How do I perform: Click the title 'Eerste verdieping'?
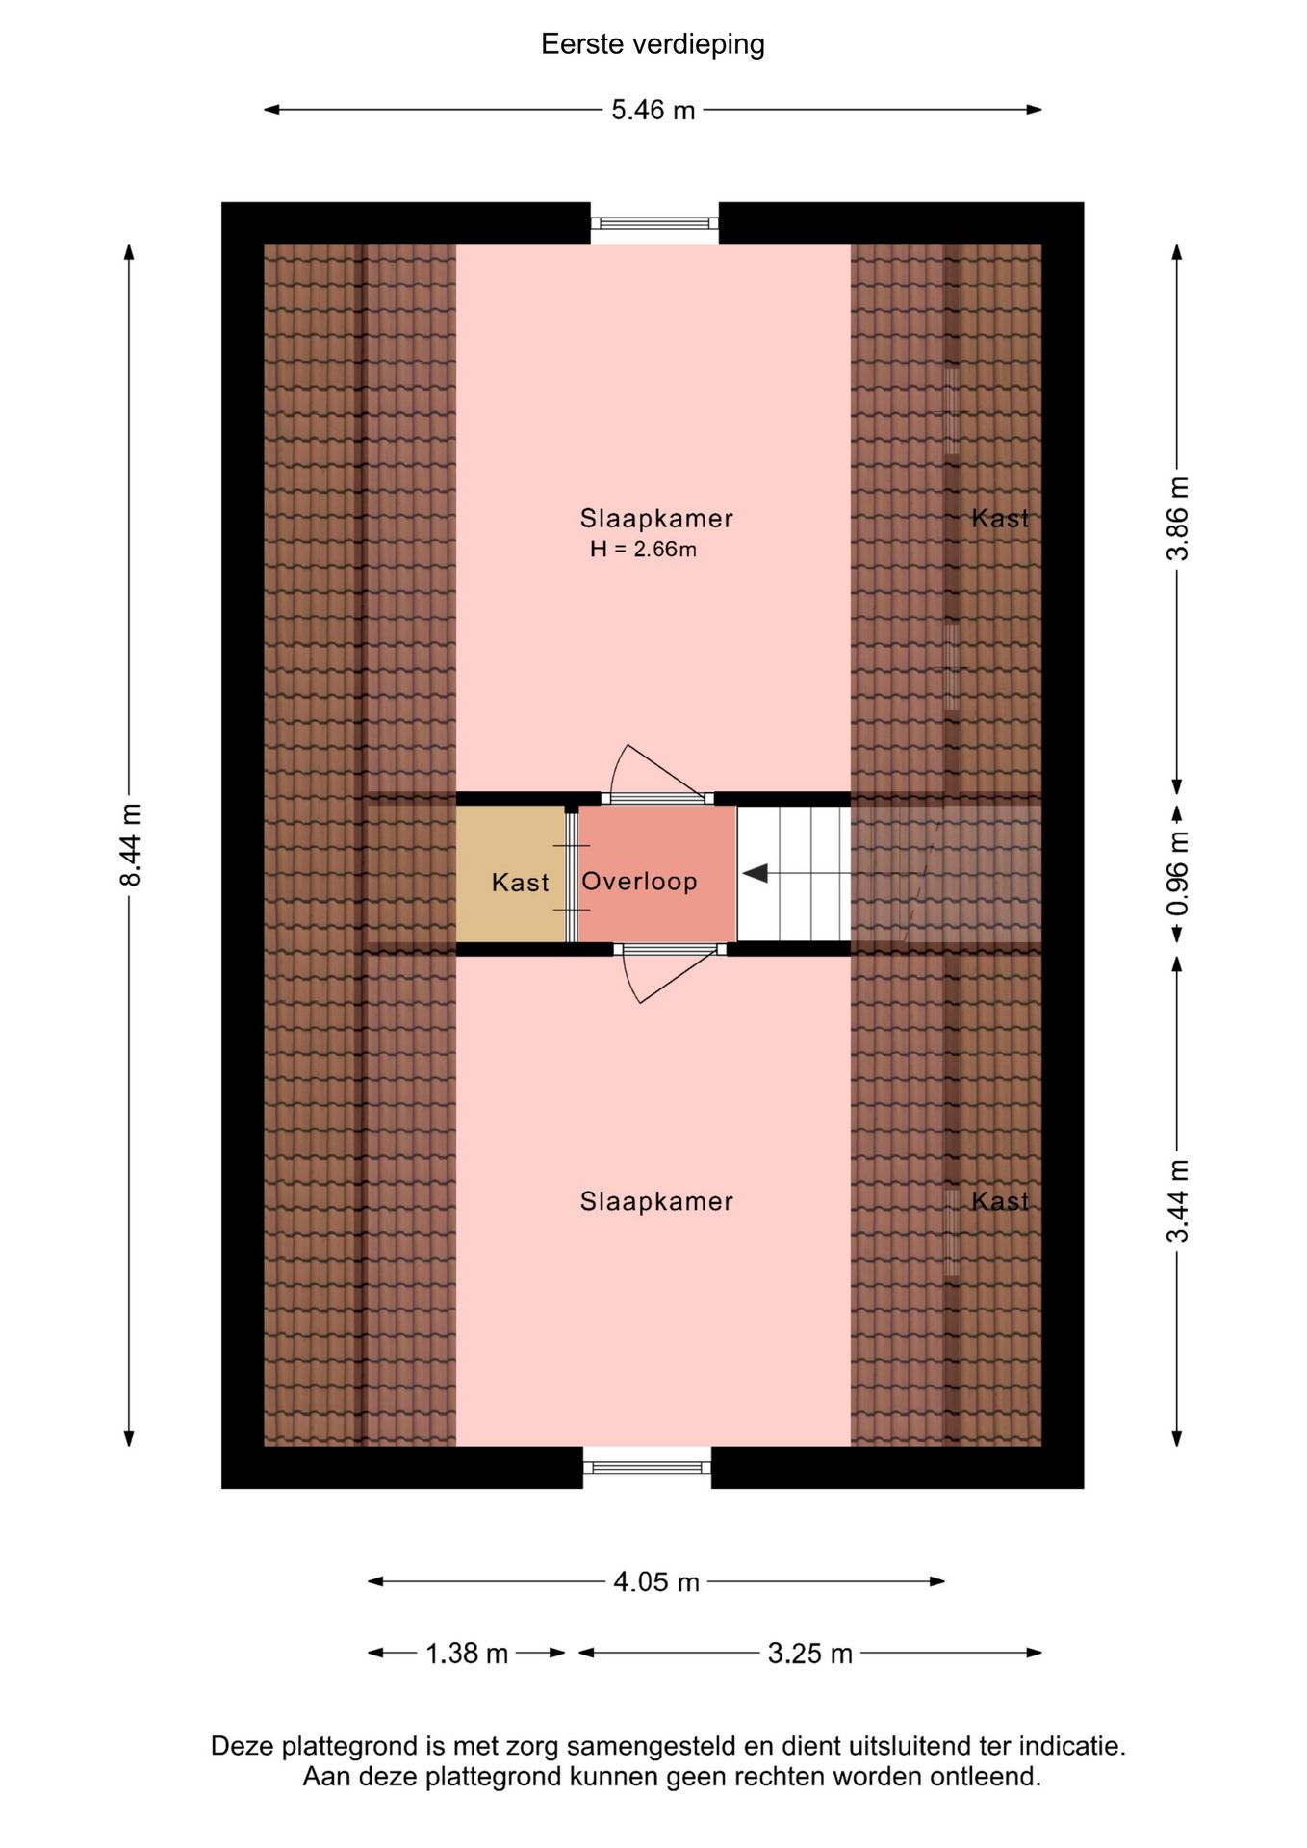[x=653, y=44]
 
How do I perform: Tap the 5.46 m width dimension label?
[x=653, y=110]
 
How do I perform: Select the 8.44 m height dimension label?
[x=130, y=844]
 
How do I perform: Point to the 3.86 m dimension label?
[x=1178, y=518]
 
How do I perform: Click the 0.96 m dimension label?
[x=1178, y=874]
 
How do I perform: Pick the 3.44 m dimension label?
[x=1178, y=1200]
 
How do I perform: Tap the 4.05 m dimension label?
[x=656, y=1581]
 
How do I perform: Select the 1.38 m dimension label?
[x=467, y=1653]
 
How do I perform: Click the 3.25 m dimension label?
[x=810, y=1653]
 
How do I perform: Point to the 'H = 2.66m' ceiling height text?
[x=643, y=550]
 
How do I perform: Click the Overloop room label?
[x=639, y=881]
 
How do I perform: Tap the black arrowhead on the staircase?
[x=755, y=873]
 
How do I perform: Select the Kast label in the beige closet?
[x=520, y=882]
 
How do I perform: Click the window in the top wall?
[x=654, y=223]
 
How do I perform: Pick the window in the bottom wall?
[x=647, y=1467]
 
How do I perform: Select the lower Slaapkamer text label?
[x=656, y=1200]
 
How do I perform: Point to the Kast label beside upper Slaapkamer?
[x=1000, y=518]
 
